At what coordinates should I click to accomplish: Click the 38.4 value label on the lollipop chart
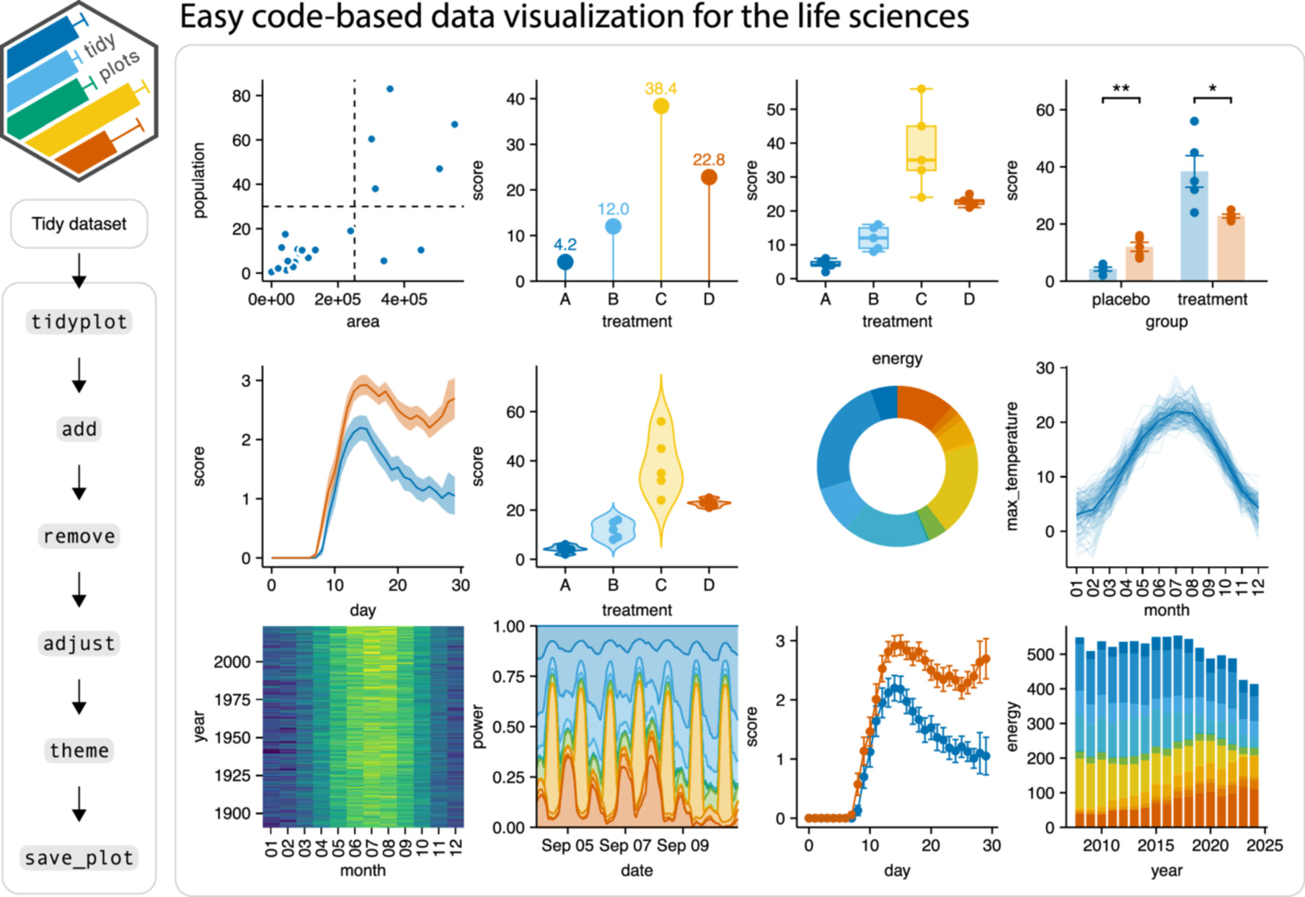tap(660, 89)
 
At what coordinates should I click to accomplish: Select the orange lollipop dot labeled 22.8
tap(709, 177)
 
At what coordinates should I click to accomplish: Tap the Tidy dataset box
tap(79, 224)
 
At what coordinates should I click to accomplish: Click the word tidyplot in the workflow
tap(79, 322)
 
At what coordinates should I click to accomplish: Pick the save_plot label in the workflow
tap(79, 858)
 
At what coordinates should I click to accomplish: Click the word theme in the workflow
tap(79, 751)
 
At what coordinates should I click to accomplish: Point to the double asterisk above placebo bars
tap(1120, 89)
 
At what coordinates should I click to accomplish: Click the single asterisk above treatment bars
tap(1212, 89)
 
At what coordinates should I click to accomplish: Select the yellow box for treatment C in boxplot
tap(921, 148)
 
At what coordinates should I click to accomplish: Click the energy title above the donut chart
tap(897, 358)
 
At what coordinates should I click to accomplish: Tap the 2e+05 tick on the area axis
tap(337, 299)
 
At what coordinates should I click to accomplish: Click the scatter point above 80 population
tap(389, 89)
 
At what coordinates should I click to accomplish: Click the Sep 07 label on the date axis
tap(624, 845)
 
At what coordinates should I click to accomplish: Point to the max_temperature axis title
tap(1012, 466)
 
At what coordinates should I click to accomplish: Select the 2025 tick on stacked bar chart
tap(1264, 845)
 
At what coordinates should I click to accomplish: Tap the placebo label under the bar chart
tap(1120, 299)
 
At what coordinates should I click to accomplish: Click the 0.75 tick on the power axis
tap(508, 676)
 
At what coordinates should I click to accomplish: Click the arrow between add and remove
tap(79, 482)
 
